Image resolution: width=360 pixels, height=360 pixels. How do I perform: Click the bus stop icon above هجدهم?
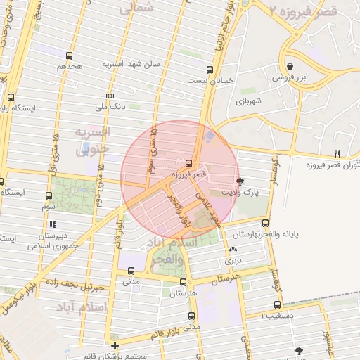pos(69,56)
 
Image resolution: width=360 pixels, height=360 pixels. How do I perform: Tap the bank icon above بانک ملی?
pos(110,96)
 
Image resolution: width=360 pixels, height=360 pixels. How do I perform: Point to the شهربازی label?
pos(248,101)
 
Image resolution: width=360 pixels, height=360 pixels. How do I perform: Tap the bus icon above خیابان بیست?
pos(210,70)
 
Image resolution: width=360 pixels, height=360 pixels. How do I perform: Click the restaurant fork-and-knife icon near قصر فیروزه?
pos(337,154)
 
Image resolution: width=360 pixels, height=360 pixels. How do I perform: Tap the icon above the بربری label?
pos(233,250)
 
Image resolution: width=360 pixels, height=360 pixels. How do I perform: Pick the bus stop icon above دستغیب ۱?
pos(277,305)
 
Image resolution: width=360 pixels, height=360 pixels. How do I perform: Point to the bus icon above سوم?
pos(49,196)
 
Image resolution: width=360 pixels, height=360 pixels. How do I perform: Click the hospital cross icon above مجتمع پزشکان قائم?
pos(115,345)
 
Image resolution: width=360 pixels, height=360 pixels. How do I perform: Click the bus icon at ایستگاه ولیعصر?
pos(10,98)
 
